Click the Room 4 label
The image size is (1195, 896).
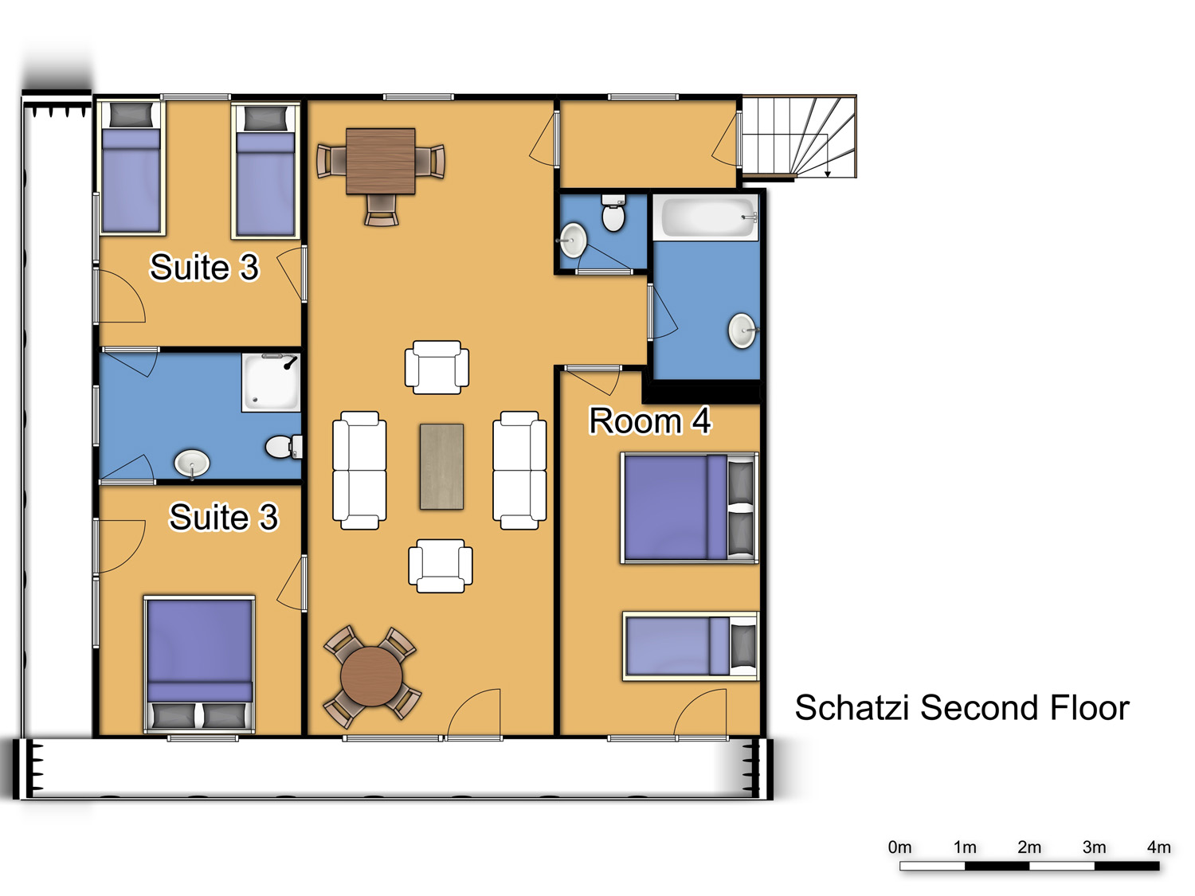coord(650,421)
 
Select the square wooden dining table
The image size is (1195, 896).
coord(381,161)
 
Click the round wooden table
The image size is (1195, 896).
coord(371,677)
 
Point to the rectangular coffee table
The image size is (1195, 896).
coord(441,466)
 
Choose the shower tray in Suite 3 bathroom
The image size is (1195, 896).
coord(271,382)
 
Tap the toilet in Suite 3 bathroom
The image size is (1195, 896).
coord(284,447)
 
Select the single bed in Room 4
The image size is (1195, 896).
coord(691,646)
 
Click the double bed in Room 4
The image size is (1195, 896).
coord(690,507)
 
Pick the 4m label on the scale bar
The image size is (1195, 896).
coord(1158,847)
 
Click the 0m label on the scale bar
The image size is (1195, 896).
coord(899,847)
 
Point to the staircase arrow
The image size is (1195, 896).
coord(828,155)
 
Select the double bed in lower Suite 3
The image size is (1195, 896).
coord(199,664)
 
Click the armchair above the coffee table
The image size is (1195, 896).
coord(437,366)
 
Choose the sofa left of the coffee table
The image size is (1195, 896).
coord(359,471)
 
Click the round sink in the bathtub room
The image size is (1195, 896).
coord(742,331)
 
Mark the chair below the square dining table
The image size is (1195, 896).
coord(382,210)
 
